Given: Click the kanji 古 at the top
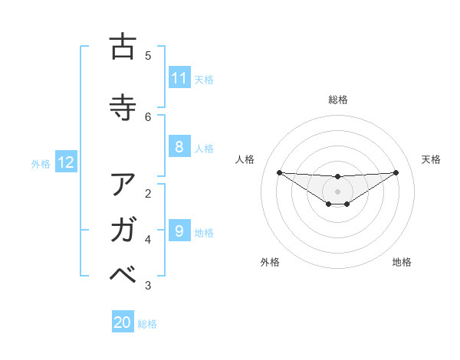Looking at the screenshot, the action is pos(123,47).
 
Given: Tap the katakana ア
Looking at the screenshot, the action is pos(123,185).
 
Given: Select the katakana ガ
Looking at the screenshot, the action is pos(123,231).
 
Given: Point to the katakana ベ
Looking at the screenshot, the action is pos(123,276).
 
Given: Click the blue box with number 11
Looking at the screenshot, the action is pos(179,78).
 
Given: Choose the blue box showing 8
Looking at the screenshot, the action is pos(179,147).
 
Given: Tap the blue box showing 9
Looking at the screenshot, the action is pos(179,231).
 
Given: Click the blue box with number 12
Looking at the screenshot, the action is pos(66,162).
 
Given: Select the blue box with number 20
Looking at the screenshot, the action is pos(123,322).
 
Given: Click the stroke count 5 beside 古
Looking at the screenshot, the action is pos(148,55).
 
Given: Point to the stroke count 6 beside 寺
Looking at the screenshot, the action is pos(148,116).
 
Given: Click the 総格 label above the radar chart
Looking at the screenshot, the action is pos(338,100).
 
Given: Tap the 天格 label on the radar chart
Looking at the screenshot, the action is pos(431,159).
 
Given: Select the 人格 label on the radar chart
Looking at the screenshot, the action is pos(245,159).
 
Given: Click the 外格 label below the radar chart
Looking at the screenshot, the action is pos(270,262).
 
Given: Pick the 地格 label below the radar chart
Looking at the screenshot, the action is pos(402,262).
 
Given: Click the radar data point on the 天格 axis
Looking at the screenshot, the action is pos(396,172).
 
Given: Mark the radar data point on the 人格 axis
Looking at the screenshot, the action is pos(279,172).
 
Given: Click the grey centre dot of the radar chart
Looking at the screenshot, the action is pos(338,191).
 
